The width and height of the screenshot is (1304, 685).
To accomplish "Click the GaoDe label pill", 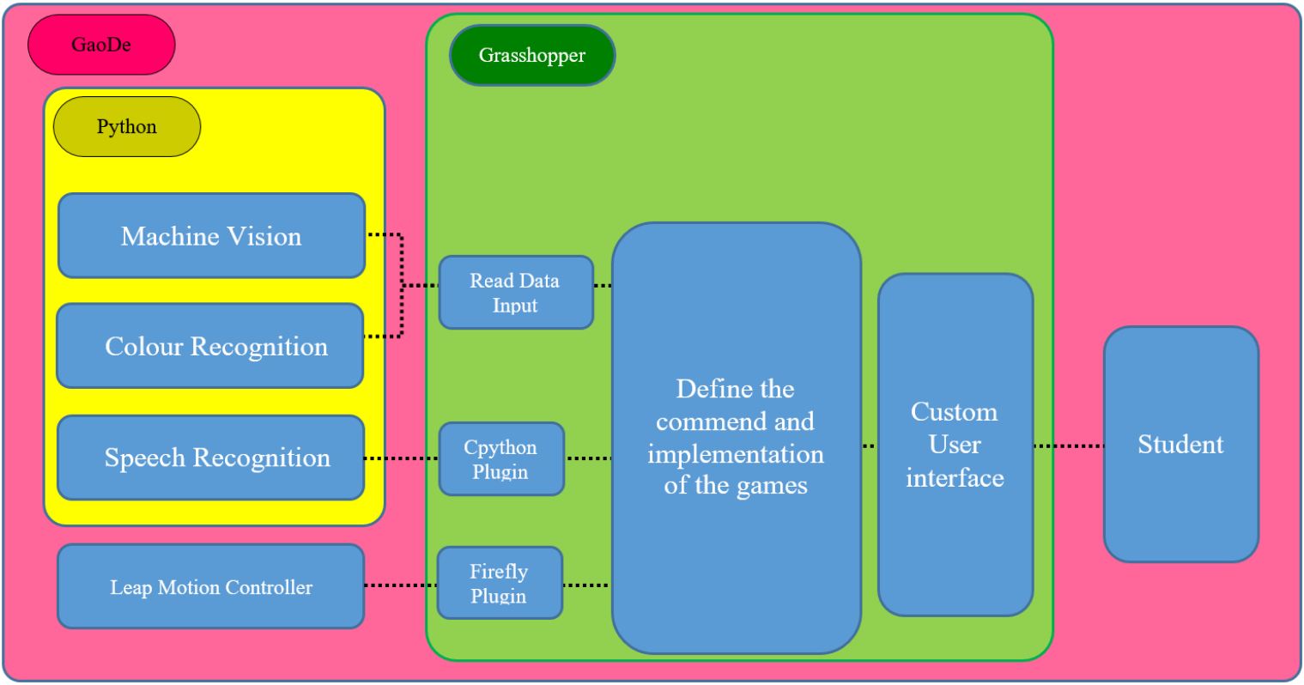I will tap(101, 45).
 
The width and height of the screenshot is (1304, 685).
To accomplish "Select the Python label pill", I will tap(127, 127).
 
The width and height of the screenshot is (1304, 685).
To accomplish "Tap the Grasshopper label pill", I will tap(532, 56).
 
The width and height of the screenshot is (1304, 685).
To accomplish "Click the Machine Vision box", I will tap(211, 236).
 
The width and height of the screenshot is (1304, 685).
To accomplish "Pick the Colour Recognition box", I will tap(211, 346).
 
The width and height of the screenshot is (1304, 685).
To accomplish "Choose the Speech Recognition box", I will tap(211, 458).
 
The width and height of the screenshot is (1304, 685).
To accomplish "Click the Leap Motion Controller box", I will tap(211, 587).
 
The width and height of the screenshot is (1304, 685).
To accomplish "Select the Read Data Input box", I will tap(515, 293).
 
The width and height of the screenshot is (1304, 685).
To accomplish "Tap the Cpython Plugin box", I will tap(501, 459).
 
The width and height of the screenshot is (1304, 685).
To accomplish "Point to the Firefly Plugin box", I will tap(500, 584).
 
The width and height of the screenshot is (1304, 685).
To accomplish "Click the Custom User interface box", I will tap(955, 445).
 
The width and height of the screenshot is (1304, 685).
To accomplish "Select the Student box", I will tap(1180, 445).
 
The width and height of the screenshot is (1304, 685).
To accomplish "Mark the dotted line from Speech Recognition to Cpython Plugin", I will tap(402, 458).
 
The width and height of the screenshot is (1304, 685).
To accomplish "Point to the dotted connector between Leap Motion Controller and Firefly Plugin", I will tap(401, 585).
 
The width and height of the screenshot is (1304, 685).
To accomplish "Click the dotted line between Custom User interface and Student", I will tap(1069, 446).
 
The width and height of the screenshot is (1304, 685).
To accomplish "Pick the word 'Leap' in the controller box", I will tap(128, 588).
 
